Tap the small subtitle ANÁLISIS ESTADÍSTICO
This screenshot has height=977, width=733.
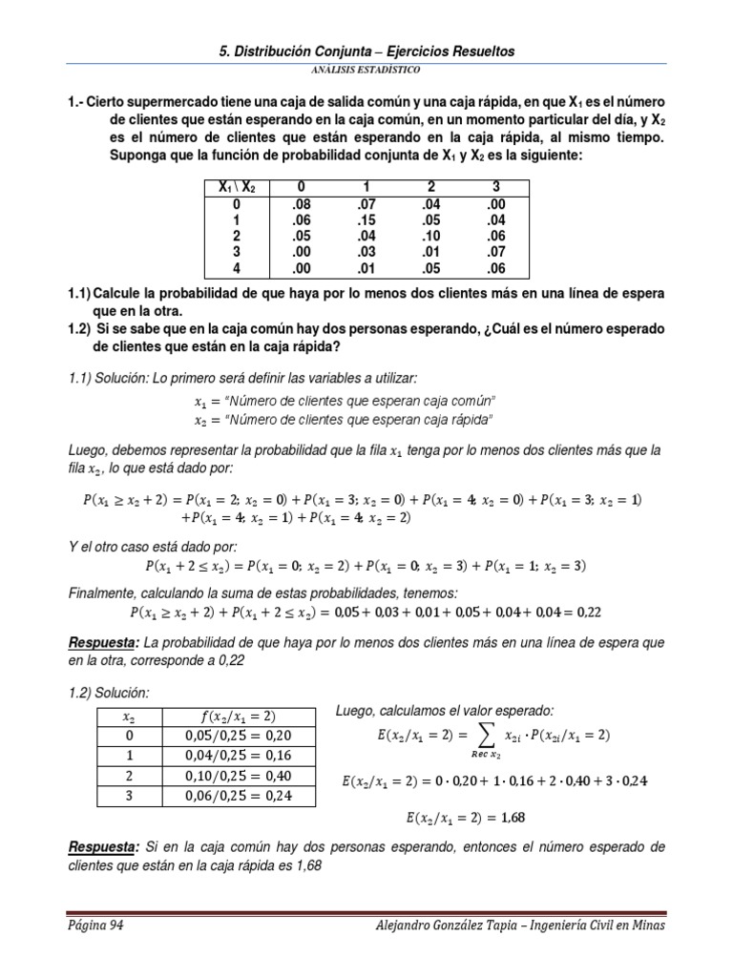pos(366,70)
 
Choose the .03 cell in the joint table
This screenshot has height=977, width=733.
pos(366,251)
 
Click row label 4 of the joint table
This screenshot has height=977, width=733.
pos(236,267)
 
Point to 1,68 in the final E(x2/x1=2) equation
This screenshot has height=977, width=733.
pos(512,817)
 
